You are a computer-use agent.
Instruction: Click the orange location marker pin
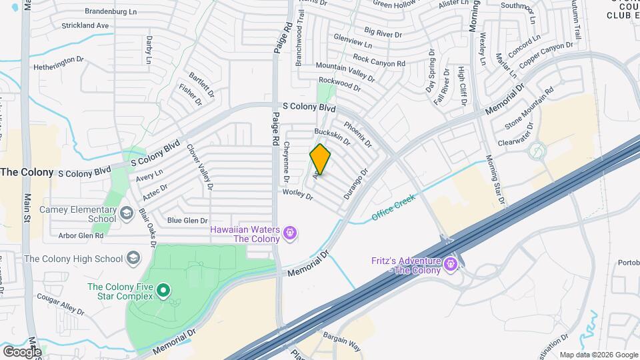pyautogui.click(x=321, y=159)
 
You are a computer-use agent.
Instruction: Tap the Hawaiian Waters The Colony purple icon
pyautogui.click(x=290, y=233)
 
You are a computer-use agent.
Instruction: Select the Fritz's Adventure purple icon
pyautogui.click(x=451, y=265)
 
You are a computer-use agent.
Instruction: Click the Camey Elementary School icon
pyautogui.click(x=127, y=213)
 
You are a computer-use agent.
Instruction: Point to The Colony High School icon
pyautogui.click(x=134, y=259)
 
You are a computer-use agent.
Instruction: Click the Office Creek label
pyautogui.click(x=393, y=207)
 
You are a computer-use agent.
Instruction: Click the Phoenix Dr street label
pyautogui.click(x=357, y=133)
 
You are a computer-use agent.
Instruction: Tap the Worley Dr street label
pyautogui.click(x=297, y=194)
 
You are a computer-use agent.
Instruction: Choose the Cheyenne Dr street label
pyautogui.click(x=286, y=163)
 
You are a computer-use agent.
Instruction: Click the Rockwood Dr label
pyautogui.click(x=338, y=83)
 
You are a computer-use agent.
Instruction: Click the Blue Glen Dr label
pyautogui.click(x=187, y=220)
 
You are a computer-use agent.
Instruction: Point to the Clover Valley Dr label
pyautogui.click(x=199, y=167)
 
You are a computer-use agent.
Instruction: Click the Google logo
pyautogui.click(x=22, y=351)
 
